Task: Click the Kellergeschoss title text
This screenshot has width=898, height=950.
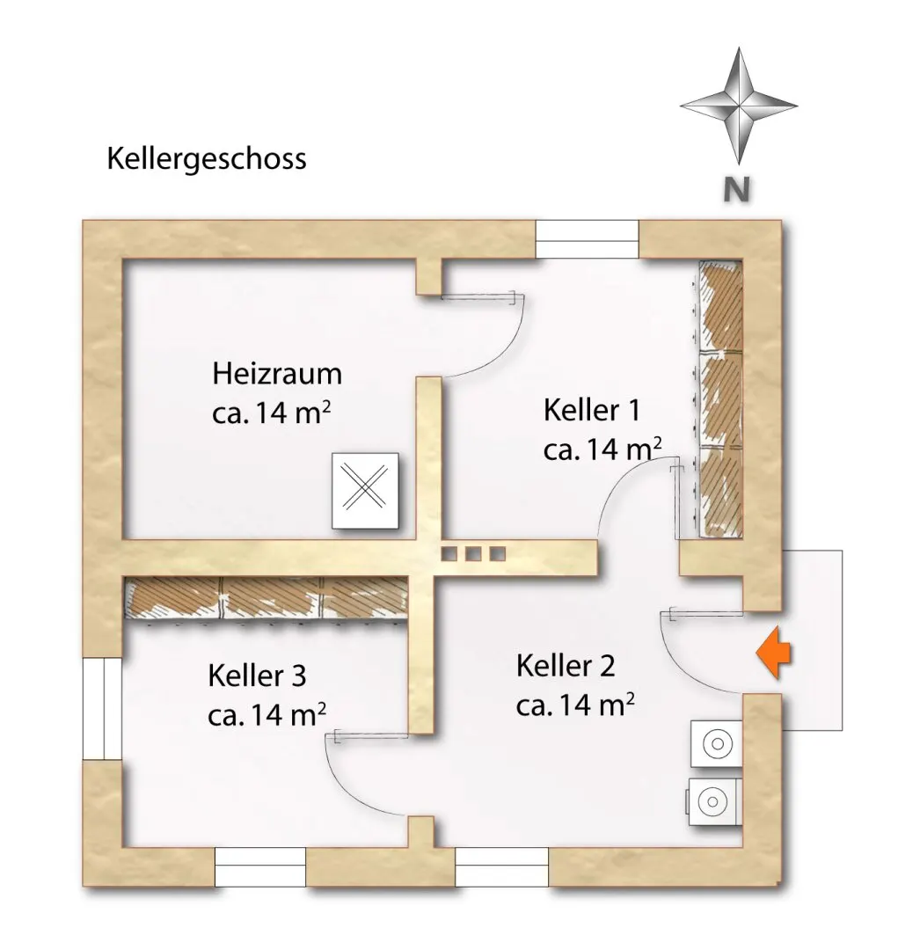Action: [207, 159]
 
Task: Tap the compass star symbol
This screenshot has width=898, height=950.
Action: [738, 106]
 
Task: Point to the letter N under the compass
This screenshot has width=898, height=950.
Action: [736, 190]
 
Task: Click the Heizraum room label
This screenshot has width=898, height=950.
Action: [277, 374]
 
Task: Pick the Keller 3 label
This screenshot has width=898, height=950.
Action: [258, 676]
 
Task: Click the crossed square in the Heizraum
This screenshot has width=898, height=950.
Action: [365, 492]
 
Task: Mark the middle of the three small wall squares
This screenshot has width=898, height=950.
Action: [474, 553]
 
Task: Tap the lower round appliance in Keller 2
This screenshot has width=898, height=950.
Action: [713, 800]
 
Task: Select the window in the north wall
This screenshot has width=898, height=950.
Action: [587, 238]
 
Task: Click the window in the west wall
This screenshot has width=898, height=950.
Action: [102, 707]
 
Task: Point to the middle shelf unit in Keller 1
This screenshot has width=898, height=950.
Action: [720, 398]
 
